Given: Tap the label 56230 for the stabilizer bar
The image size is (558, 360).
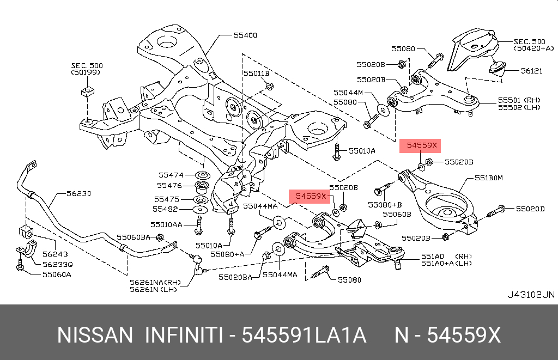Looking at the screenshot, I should pyautogui.click(x=78, y=193).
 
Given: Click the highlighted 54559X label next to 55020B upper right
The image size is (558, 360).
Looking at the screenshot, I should pyautogui.click(x=418, y=145).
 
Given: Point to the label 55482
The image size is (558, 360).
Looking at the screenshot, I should pyautogui.click(x=165, y=209).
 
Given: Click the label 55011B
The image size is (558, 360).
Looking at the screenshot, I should pyautogui.click(x=256, y=73).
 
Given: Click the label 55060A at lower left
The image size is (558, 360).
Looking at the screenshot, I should pyautogui.click(x=57, y=274).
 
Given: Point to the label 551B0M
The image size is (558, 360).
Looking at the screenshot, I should pyautogui.click(x=488, y=178).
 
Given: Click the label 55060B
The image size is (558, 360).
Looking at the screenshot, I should pyautogui.click(x=397, y=215).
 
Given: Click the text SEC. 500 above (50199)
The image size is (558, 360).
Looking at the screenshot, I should pyautogui.click(x=87, y=65).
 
